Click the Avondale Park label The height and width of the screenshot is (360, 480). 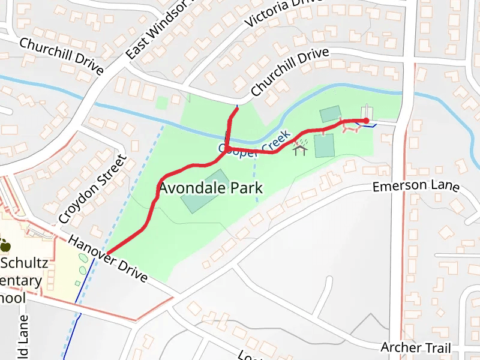(x=211, y=188)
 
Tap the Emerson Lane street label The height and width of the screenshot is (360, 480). (x=415, y=187)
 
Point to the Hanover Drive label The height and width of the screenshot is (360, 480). (x=107, y=258)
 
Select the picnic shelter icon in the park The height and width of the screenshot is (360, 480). (x=300, y=147)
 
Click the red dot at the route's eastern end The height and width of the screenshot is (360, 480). (x=366, y=121)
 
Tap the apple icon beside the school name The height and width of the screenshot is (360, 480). (x=5, y=245)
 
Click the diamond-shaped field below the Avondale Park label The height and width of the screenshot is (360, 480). (x=205, y=191)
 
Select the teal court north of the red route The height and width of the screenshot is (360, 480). (x=329, y=114)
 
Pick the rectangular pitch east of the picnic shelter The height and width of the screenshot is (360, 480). (x=324, y=146)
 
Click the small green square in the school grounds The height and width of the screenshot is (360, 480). (x=77, y=283)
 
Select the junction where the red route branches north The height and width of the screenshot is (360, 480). (x=227, y=148)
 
